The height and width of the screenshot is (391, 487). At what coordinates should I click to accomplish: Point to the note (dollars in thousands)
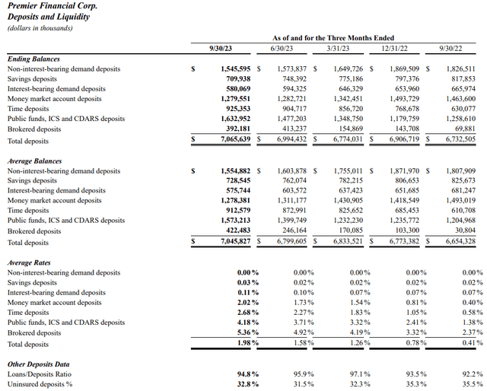point(40,28)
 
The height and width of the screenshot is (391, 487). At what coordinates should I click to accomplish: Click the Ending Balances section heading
point(33,59)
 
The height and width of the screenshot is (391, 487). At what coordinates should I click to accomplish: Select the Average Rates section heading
point(30,262)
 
